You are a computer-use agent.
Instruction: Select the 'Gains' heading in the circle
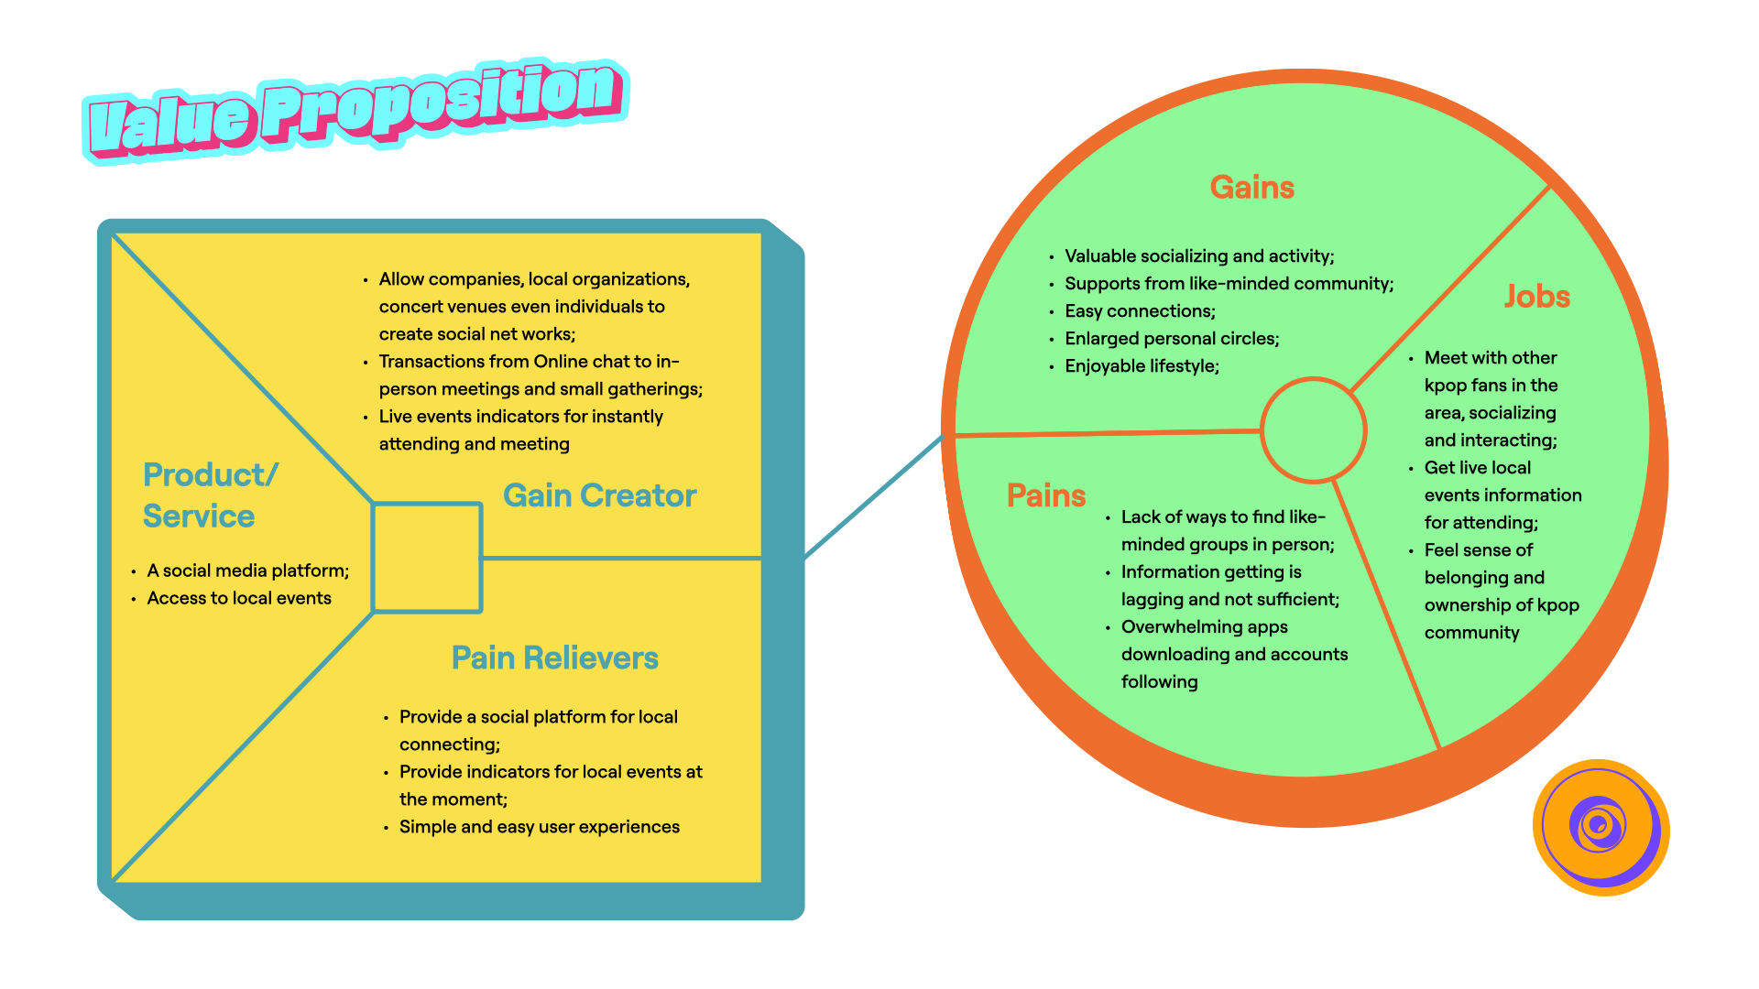click(1251, 188)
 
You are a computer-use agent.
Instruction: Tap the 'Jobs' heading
click(1536, 297)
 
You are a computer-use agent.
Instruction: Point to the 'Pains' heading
click(1045, 495)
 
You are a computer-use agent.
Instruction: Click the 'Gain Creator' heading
click(599, 495)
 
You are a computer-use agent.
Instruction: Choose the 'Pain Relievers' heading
click(554, 658)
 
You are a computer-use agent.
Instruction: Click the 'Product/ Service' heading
click(209, 495)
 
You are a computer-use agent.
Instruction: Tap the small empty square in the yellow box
click(427, 558)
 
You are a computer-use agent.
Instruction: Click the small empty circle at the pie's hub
click(1313, 429)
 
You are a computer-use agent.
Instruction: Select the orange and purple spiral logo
click(1601, 827)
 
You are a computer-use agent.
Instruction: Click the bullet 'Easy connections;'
click(1140, 311)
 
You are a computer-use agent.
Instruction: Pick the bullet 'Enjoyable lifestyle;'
click(1142, 366)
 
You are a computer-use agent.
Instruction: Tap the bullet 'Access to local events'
click(239, 598)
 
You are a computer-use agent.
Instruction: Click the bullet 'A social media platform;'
click(247, 571)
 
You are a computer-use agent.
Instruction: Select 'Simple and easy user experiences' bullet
click(539, 827)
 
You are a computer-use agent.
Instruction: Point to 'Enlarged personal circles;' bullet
click(1172, 339)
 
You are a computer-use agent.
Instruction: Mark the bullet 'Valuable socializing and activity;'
click(1199, 256)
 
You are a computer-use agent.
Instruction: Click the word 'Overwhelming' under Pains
click(1174, 627)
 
